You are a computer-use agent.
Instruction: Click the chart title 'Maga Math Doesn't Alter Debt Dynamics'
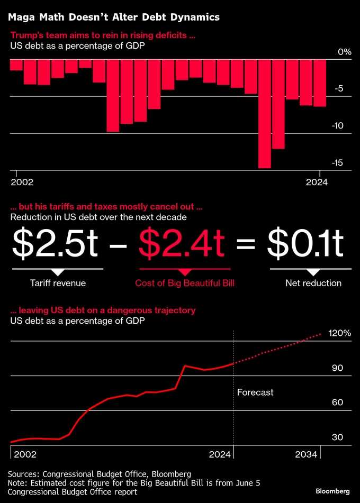[113, 17]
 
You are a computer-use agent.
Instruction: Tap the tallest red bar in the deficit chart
[264, 113]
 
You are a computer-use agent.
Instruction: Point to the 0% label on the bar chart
[344, 52]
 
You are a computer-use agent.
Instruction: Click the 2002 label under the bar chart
[22, 182]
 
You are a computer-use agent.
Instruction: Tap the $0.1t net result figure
[305, 243]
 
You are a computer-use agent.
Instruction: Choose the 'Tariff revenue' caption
[58, 283]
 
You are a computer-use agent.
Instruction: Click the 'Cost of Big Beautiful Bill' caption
[185, 283]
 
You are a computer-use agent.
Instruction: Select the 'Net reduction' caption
[313, 283]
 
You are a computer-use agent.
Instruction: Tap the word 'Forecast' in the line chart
[255, 392]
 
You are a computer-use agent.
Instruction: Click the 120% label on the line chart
[339, 333]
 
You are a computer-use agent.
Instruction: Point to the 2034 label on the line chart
[306, 454]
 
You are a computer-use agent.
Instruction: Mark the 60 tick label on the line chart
[338, 403]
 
